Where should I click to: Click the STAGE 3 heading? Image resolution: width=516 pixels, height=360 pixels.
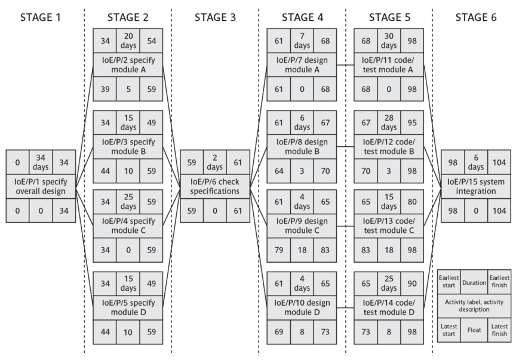(215, 17)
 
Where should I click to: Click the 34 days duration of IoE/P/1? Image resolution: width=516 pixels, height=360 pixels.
(41, 161)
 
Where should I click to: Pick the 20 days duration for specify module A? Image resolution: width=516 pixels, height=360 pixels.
(128, 41)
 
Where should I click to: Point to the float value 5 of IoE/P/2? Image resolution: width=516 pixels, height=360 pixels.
(128, 88)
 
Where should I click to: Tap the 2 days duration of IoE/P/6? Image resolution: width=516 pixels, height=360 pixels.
(215, 161)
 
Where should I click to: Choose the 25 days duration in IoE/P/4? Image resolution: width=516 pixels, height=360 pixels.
(128, 201)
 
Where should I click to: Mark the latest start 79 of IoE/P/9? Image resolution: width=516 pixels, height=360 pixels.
(279, 249)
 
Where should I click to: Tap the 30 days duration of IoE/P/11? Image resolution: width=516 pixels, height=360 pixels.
(389, 41)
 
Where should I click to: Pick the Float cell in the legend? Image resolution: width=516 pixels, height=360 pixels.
(475, 328)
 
